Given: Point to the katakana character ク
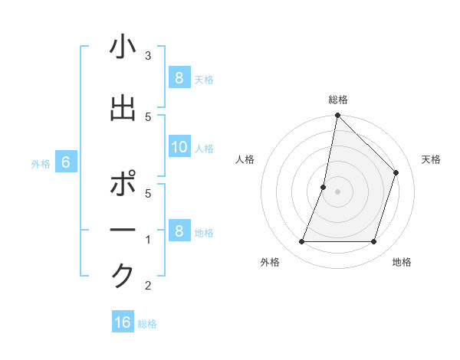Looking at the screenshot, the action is click(123, 277).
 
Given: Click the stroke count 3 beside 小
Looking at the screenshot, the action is click(148, 55).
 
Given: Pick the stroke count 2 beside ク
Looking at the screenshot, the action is click(148, 286).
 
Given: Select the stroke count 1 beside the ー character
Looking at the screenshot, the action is click(148, 240).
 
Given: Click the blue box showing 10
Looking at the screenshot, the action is click(179, 148).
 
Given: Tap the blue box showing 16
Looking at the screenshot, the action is click(123, 322).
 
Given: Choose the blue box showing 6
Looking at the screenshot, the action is click(65, 162).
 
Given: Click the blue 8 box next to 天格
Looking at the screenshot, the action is click(179, 78).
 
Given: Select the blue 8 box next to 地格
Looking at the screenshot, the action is click(179, 231).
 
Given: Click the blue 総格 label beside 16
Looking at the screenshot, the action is click(147, 324).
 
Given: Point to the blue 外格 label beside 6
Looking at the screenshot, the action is click(41, 163).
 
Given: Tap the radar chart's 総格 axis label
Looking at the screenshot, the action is click(337, 100).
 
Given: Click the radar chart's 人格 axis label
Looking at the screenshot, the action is click(245, 159).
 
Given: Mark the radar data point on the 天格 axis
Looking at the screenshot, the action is click(396, 172).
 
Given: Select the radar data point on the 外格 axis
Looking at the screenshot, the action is click(301, 242).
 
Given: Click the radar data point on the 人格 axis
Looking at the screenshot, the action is click(324, 187).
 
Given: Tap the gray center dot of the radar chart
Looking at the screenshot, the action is click(337, 191).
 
